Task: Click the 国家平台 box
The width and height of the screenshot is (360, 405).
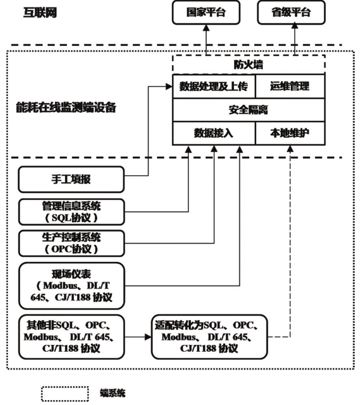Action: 206,13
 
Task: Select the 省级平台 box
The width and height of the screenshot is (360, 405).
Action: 291,13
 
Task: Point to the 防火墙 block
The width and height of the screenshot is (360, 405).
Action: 248,65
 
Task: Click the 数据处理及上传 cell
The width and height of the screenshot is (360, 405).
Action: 213,86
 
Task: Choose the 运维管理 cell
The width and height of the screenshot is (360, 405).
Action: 290,86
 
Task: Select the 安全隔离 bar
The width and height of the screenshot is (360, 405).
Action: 248,110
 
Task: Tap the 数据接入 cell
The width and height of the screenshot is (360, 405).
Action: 213,134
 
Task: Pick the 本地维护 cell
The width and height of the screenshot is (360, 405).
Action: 290,134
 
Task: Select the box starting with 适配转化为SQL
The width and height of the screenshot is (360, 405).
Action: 208,336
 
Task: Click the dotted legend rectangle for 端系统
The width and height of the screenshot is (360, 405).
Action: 65,393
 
